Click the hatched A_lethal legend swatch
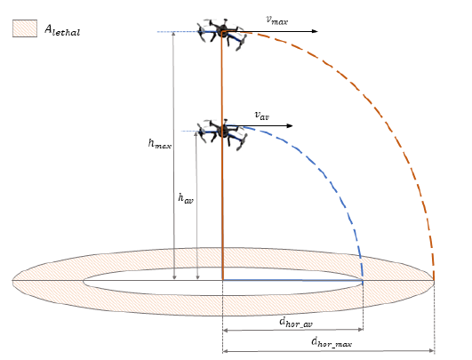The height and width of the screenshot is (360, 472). [x=25, y=28]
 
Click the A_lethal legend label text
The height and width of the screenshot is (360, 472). [x=62, y=30]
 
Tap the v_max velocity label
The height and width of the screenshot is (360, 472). [x=277, y=20]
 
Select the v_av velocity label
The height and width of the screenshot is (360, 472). [x=262, y=116]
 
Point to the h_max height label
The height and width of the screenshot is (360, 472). [x=160, y=143]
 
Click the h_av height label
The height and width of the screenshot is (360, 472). [x=186, y=198]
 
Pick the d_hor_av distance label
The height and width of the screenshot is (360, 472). [x=296, y=322]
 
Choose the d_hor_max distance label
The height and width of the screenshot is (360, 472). [x=332, y=342]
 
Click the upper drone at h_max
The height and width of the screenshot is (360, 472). [x=222, y=34]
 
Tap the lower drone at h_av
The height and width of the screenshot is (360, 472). [x=222, y=134]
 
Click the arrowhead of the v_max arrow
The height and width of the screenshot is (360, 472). [x=315, y=31]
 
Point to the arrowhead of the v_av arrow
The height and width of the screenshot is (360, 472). [x=290, y=126]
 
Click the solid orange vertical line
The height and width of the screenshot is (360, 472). [x=222, y=156]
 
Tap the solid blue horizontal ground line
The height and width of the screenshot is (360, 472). [x=292, y=280]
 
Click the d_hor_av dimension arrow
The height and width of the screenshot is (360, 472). [x=292, y=330]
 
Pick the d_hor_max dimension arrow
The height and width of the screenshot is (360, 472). [x=328, y=351]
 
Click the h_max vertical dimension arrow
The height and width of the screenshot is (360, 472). [x=173, y=156]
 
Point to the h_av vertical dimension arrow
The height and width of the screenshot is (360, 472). [x=196, y=205]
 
